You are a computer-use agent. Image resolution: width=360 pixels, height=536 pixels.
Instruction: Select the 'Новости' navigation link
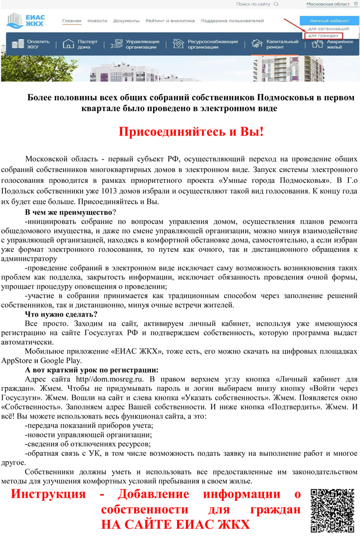click(97, 21)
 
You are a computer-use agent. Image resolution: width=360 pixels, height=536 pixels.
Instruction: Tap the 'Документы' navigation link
click(126, 21)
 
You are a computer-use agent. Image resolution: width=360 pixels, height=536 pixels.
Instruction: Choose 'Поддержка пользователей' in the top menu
click(232, 21)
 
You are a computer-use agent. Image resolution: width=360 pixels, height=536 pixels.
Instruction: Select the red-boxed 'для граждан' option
click(323, 35)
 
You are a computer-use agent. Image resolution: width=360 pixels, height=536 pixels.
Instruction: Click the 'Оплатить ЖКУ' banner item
click(31, 44)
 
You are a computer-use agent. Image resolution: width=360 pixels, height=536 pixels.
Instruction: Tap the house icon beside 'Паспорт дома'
click(68, 44)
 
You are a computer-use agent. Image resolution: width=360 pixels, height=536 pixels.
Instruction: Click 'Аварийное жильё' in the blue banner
click(333, 44)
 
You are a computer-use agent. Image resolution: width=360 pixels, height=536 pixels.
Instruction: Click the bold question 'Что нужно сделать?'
click(61, 314)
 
